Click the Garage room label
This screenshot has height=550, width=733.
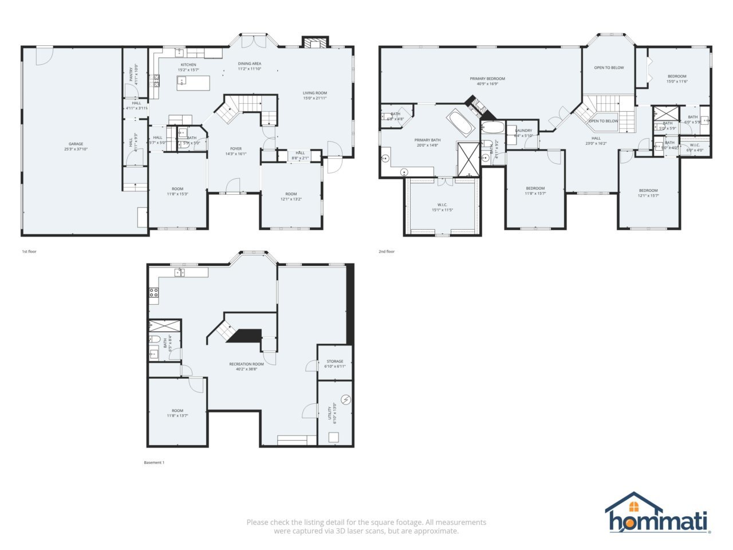click(76, 144)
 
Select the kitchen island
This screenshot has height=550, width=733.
click(193, 84)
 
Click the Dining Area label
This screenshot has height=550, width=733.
click(250, 64)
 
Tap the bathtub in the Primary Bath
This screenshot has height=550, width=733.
click(460, 122)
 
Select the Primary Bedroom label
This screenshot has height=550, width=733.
click(487, 78)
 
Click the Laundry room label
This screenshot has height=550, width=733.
click(523, 131)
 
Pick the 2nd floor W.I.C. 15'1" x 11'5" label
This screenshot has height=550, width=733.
click(442, 205)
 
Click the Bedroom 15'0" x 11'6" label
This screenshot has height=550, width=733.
click(676, 76)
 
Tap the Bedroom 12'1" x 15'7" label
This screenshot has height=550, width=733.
click(648, 190)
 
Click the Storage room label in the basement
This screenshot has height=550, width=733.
click(335, 362)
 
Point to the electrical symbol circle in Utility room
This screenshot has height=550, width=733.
click(346, 399)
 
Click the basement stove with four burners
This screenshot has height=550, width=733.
click(153, 295)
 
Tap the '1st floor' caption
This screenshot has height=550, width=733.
click(29, 252)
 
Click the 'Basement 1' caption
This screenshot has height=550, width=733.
click(154, 462)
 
